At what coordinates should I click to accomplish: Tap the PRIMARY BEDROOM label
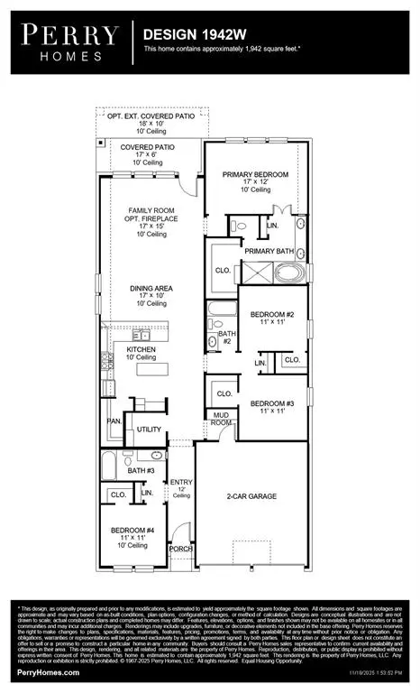(x=256, y=174)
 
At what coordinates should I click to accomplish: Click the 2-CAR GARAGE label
(x=250, y=496)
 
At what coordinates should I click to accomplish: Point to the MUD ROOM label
(x=221, y=417)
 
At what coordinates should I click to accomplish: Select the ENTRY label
(x=181, y=484)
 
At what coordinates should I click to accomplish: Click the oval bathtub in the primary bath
(x=288, y=273)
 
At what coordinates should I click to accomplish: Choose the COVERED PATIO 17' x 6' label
(x=148, y=147)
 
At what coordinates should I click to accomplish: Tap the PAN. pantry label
(x=114, y=420)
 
